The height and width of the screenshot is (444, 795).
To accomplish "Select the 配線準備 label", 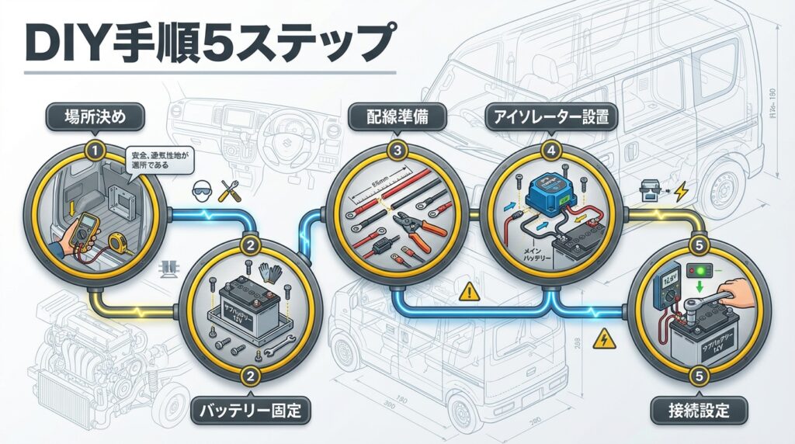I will (x=397, y=118).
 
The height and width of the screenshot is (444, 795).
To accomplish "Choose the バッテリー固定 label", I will (x=251, y=409).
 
